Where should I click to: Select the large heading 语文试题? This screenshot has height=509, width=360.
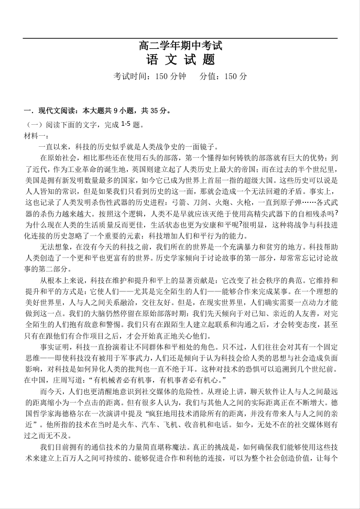180,60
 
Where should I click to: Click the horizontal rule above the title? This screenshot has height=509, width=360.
180,38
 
